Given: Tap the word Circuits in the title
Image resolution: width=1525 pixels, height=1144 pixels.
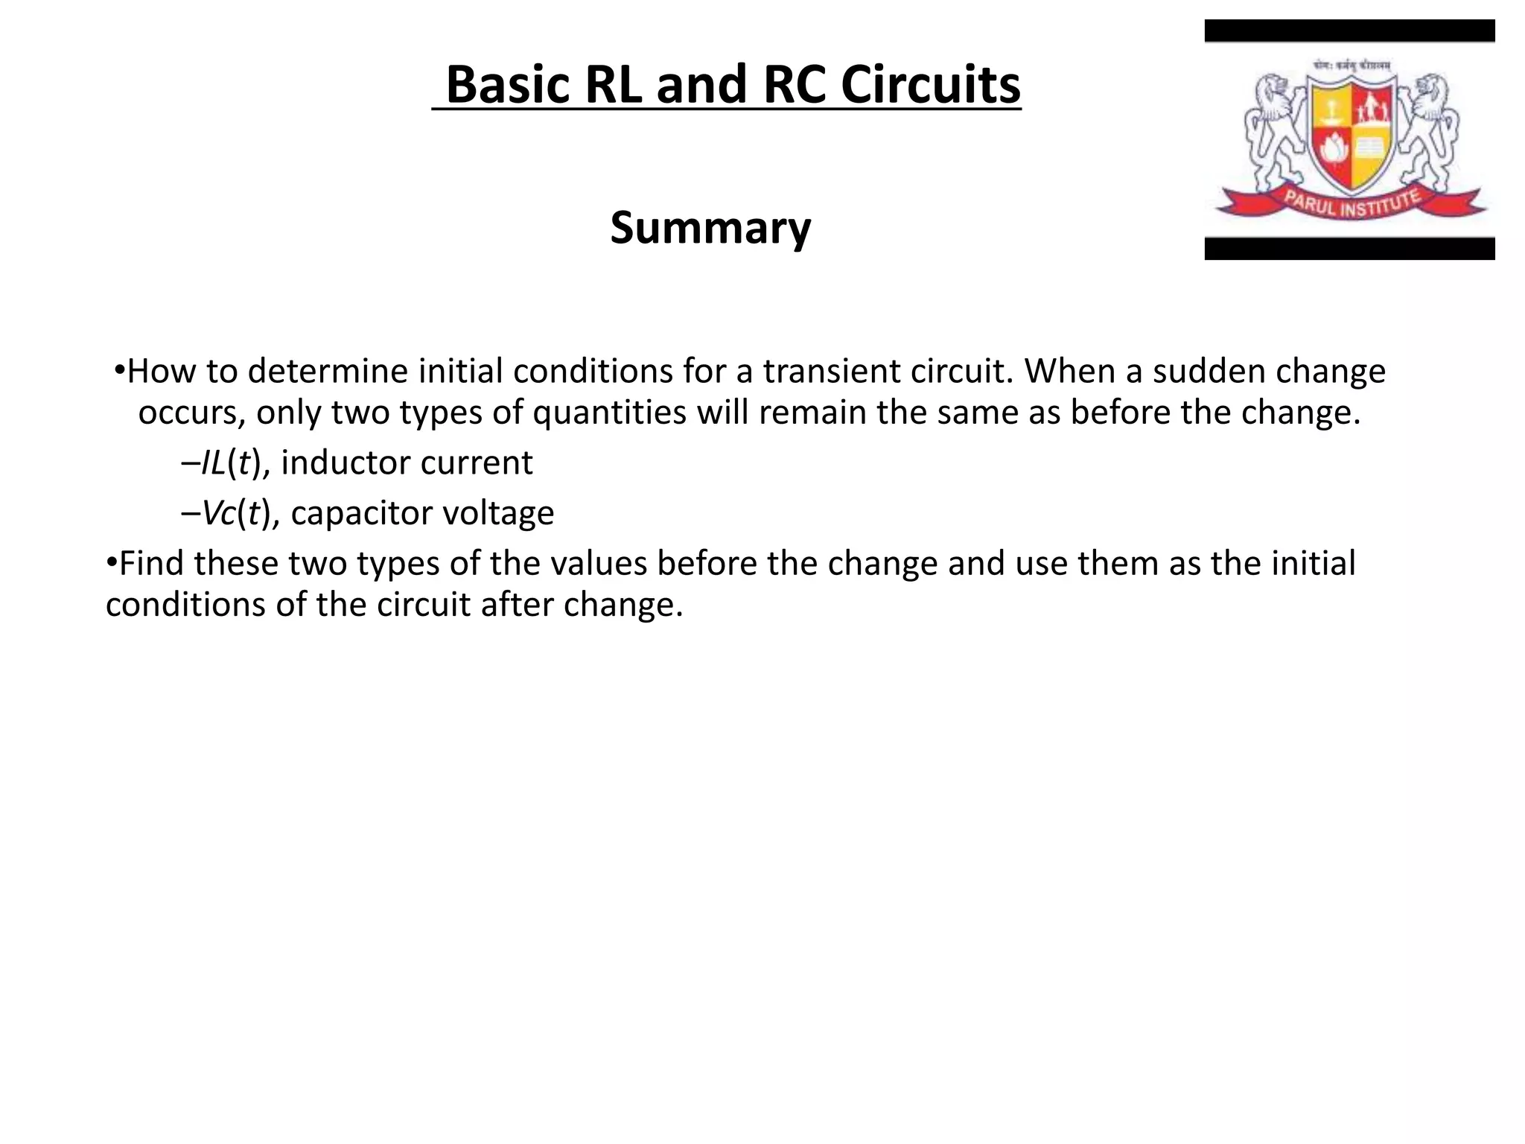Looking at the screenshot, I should tap(930, 85).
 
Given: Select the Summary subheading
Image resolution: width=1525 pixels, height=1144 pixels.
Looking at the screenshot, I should tap(710, 227).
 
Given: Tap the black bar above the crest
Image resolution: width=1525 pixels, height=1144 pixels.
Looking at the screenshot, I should tap(1349, 31).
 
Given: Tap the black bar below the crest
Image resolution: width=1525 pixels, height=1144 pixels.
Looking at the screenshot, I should tap(1349, 249).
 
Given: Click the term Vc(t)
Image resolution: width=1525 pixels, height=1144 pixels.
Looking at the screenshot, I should tap(235, 513).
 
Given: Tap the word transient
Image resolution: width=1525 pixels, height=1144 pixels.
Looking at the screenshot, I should tap(824, 371).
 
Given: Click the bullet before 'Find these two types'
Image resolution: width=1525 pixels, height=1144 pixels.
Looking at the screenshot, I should tap(111, 562).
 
